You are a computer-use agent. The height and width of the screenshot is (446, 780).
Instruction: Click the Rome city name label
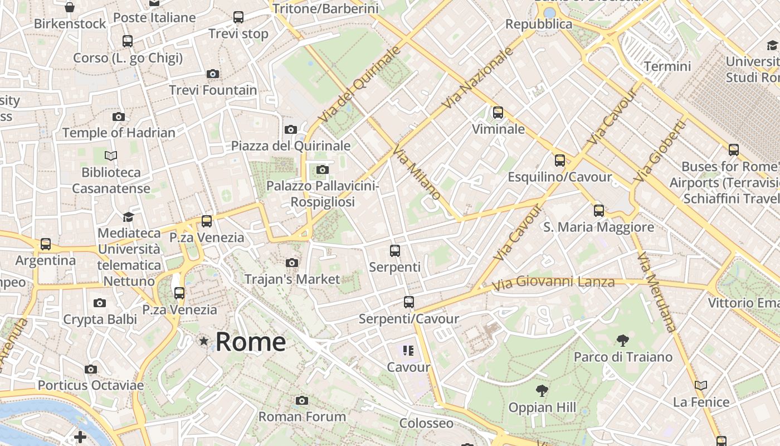(251, 341)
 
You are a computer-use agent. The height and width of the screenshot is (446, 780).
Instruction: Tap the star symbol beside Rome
(204, 341)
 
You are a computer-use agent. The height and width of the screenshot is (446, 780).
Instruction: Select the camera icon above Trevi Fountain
(212, 74)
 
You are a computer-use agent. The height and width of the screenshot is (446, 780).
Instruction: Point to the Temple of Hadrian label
(119, 133)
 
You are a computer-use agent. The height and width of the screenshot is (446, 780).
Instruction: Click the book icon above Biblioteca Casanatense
(111, 156)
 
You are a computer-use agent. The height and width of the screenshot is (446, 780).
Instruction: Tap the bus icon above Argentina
(46, 244)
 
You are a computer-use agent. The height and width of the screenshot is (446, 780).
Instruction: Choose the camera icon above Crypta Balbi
(100, 303)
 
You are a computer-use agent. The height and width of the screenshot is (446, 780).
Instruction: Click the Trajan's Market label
(292, 279)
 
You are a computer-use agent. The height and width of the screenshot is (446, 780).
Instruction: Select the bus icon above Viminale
(498, 113)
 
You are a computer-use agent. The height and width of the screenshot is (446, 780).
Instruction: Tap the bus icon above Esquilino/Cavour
(560, 161)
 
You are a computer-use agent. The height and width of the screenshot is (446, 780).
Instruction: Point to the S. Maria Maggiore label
(598, 227)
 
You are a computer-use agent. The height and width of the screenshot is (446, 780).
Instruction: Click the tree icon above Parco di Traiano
(623, 340)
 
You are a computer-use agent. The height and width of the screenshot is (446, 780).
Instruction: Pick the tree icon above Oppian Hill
(542, 391)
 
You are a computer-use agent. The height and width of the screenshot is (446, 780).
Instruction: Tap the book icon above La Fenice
(701, 385)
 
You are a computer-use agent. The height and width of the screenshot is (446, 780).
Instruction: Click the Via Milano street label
(417, 173)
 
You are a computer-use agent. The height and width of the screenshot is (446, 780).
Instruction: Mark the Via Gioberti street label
(659, 152)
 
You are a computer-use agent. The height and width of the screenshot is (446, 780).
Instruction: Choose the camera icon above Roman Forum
(302, 400)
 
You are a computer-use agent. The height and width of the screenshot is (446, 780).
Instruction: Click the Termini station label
(667, 66)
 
